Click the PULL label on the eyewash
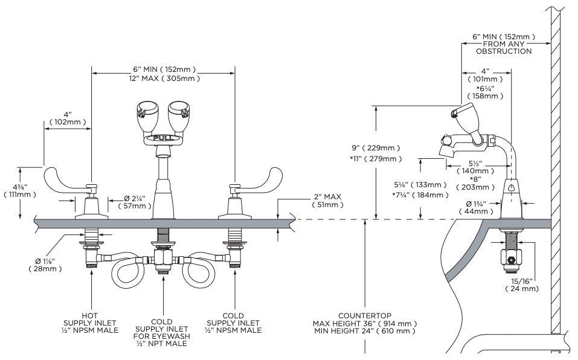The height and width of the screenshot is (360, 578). (162, 138)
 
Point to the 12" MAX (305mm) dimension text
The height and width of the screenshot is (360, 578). (163, 79)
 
